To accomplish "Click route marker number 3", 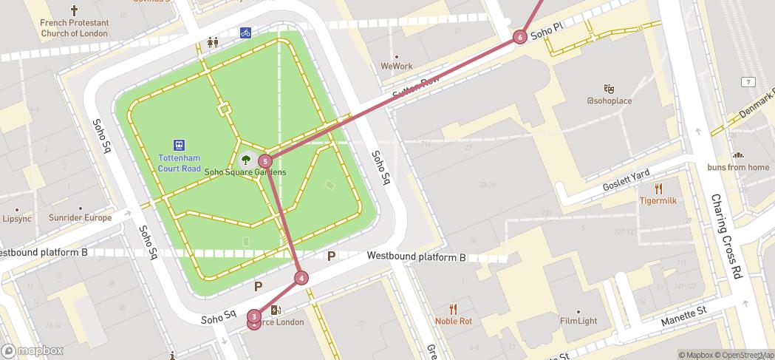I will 254,316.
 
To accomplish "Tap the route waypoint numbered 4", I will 301,278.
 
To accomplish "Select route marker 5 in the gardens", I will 265,160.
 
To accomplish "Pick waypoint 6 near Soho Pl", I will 520,37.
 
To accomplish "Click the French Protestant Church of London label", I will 74,28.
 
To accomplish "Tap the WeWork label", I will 397,66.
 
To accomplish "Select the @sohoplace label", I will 610,101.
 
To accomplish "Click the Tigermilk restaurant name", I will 658,200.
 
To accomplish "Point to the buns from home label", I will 738,167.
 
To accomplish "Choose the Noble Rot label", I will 454,321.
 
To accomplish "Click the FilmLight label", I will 578,321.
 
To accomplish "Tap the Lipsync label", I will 17,219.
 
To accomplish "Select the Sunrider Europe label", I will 80,218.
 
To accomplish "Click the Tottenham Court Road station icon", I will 179,145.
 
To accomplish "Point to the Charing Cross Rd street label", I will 727,236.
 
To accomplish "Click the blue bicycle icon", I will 245,33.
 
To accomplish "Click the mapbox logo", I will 33,350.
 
